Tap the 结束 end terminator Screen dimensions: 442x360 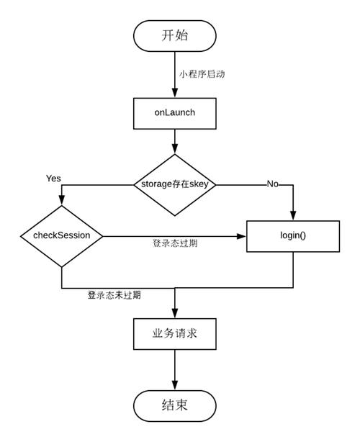point(175,405)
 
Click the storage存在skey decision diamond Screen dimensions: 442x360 point(175,184)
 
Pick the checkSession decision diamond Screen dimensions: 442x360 point(61,235)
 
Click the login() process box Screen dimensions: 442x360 point(293,235)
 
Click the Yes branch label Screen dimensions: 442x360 point(53,177)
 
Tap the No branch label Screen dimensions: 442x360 point(273,184)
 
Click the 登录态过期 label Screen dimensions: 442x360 point(175,243)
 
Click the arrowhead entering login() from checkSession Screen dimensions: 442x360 point(242,235)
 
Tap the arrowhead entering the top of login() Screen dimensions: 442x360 point(294,215)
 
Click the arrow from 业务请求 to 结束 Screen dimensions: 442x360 point(175,370)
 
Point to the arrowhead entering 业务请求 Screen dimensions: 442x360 point(175,312)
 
